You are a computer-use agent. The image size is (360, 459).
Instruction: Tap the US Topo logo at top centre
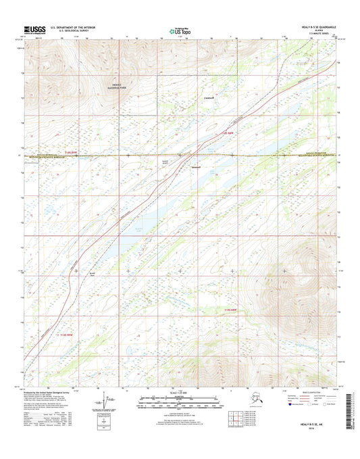coord(180,30)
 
